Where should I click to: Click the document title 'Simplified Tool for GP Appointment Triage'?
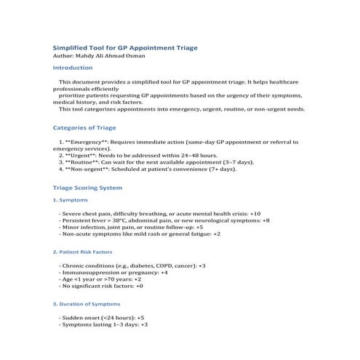point(126,47)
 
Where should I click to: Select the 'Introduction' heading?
point(78,68)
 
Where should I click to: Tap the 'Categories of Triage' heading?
point(91,127)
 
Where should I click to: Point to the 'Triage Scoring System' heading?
point(93,188)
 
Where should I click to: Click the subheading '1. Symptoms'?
point(72,199)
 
